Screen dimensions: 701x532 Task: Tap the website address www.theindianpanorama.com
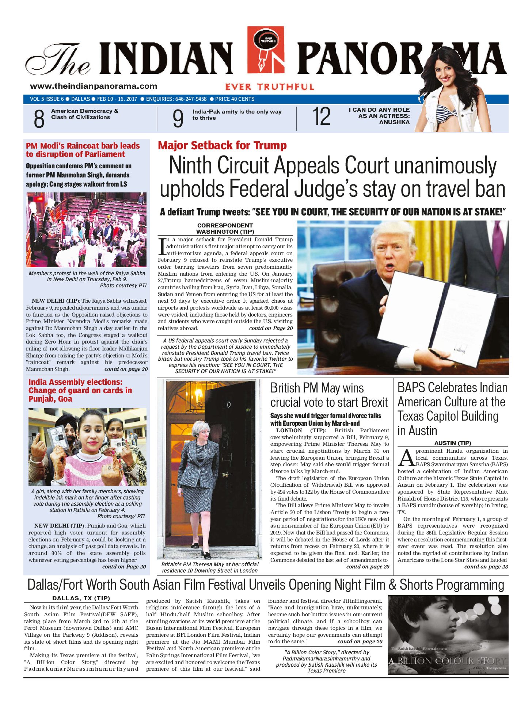(x=94, y=86)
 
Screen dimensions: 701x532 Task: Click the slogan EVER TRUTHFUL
(x=270, y=87)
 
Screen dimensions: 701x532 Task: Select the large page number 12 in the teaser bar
(x=322, y=117)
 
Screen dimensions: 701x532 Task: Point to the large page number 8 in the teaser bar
(x=39, y=119)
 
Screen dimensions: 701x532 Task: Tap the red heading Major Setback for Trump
(x=222, y=145)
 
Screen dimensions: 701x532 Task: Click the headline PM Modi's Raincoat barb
(x=83, y=150)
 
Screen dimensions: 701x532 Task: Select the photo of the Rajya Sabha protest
(x=87, y=230)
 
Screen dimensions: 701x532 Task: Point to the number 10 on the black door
(x=227, y=405)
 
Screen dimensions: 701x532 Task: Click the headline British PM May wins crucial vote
(x=328, y=395)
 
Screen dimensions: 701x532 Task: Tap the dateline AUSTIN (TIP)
(x=453, y=443)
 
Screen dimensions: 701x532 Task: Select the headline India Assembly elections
(x=80, y=390)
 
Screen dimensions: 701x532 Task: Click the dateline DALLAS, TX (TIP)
(x=81, y=598)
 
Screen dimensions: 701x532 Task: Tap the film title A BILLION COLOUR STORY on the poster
(x=447, y=661)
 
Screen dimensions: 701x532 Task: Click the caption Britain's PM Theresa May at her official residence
(x=210, y=567)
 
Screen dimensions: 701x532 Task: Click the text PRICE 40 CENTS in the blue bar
(x=235, y=99)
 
